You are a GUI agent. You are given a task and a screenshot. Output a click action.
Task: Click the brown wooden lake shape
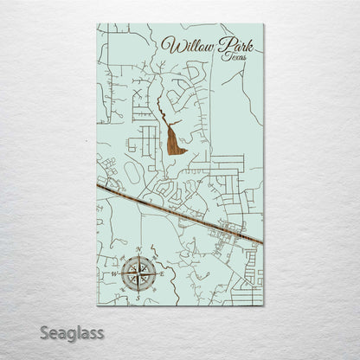(x=177, y=140)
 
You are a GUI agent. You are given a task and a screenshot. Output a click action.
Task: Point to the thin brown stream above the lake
(x=162, y=112)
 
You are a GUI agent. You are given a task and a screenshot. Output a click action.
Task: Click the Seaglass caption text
(x=71, y=333)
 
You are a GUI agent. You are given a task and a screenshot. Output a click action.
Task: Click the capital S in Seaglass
(x=44, y=333)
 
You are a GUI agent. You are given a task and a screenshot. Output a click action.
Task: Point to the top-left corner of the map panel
(x=97, y=24)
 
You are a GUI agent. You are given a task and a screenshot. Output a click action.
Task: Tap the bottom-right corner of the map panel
(x=263, y=305)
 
